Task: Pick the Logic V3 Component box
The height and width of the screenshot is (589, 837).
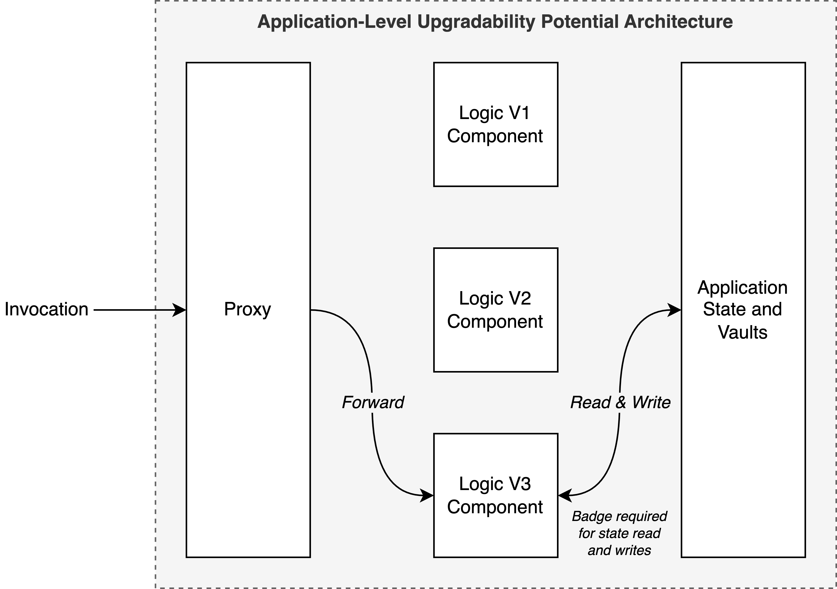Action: (496, 495)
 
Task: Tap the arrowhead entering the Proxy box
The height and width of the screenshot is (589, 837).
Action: (180, 310)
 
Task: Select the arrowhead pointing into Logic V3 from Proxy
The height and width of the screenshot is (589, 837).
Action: (427, 495)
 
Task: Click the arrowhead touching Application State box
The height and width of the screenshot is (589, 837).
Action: (674, 310)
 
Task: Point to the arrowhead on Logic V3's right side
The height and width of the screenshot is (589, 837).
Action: (565, 495)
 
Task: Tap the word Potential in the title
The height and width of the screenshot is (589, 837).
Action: (580, 22)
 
